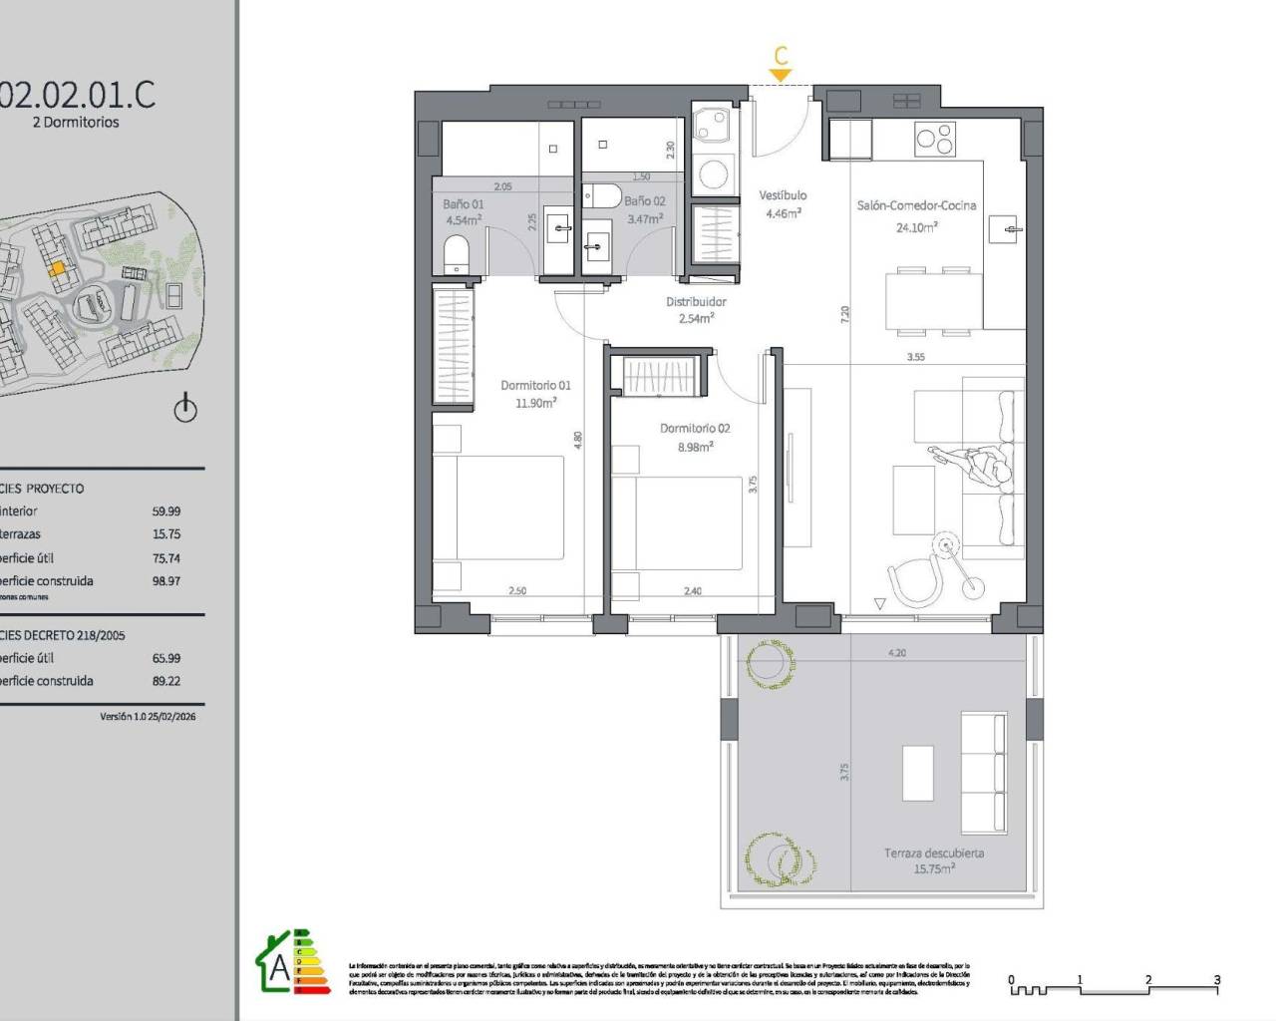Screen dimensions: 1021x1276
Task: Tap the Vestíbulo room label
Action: tap(783, 195)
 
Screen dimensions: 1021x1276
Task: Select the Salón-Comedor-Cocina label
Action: tap(916, 205)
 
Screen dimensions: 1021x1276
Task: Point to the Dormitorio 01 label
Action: tap(535, 385)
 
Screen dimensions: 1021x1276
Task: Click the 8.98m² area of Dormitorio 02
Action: tap(695, 447)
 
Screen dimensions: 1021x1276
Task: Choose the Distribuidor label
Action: tap(696, 301)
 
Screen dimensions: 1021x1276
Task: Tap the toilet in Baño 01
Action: tap(456, 254)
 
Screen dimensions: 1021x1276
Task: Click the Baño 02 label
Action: tap(644, 200)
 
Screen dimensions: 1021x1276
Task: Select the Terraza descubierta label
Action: tap(934, 853)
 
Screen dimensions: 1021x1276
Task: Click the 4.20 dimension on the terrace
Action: tap(897, 653)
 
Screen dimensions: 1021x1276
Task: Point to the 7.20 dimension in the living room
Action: tap(845, 314)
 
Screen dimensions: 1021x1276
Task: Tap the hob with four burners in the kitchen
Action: tap(934, 139)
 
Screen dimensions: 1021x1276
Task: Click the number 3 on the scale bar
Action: tap(1216, 980)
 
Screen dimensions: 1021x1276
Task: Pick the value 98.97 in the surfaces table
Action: tap(165, 580)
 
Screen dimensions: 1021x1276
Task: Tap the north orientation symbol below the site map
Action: tap(185, 409)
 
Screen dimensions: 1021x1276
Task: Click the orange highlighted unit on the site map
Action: tap(59, 268)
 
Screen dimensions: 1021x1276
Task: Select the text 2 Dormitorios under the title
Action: tap(76, 123)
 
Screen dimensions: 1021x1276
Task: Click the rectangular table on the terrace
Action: tap(917, 773)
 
